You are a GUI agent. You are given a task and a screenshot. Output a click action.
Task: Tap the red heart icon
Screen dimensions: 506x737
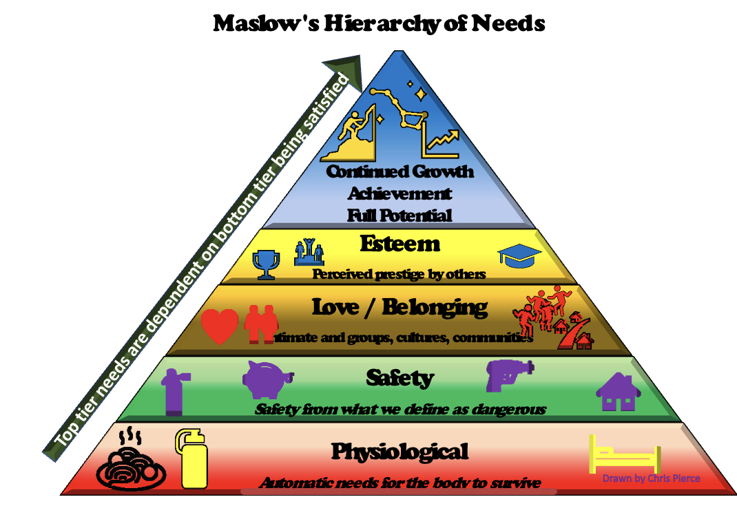point(220,326)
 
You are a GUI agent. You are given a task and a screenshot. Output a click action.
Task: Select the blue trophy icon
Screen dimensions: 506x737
point(264,264)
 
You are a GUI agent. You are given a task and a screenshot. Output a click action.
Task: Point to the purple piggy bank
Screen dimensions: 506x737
point(267,381)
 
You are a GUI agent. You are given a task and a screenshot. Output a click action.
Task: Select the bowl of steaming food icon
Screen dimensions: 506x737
point(130,462)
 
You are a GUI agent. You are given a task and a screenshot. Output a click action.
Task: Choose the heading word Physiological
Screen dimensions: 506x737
point(399,452)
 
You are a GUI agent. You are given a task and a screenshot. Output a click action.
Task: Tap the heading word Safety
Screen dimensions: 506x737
point(399,378)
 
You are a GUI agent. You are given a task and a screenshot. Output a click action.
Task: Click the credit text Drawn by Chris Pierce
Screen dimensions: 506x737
point(652,478)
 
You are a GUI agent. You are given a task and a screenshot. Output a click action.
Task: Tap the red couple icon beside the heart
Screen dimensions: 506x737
point(262,323)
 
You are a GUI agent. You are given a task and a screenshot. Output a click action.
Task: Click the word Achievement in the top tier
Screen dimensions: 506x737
point(399,193)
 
